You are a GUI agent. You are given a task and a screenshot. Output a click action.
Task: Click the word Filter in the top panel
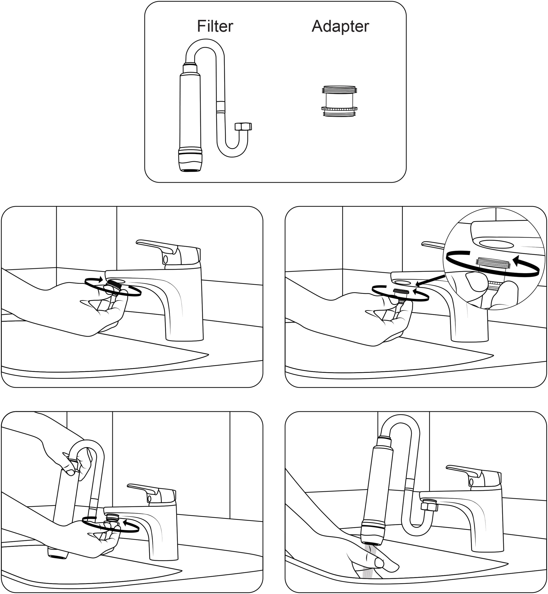point(215,26)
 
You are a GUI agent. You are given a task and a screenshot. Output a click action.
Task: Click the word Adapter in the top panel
point(340,26)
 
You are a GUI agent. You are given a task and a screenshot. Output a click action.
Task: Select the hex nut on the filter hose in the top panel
point(243,126)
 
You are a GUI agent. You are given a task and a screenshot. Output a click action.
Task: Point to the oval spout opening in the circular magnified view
point(496,244)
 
